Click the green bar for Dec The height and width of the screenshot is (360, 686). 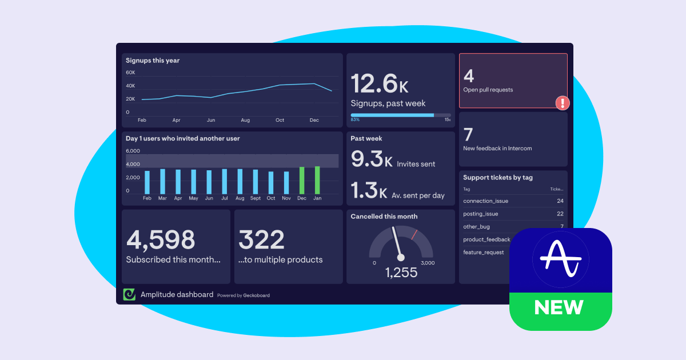tap(302, 181)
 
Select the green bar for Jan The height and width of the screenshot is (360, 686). tap(317, 180)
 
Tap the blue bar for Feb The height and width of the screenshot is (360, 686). tap(147, 182)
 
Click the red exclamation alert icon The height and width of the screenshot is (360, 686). tap(563, 103)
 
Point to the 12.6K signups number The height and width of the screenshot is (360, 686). tap(379, 83)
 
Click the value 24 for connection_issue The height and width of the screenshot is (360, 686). tap(560, 201)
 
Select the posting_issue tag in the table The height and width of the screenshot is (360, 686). tap(480, 214)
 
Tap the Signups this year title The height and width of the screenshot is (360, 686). tap(153, 60)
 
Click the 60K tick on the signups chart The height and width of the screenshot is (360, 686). tap(130, 73)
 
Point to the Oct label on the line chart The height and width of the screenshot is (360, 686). tap(280, 120)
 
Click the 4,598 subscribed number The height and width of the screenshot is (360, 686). tap(161, 240)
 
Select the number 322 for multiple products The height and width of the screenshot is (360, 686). tap(261, 240)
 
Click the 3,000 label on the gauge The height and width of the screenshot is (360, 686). tap(427, 263)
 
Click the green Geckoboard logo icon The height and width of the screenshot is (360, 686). tap(130, 294)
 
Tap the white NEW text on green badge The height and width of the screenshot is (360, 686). tap(559, 307)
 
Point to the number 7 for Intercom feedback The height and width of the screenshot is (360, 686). tap(468, 135)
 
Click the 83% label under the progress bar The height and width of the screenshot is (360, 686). tap(355, 119)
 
